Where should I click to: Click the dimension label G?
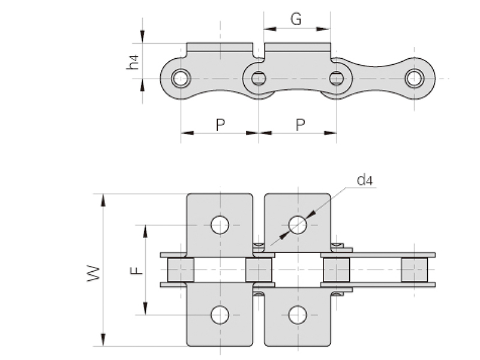[x=296, y=19]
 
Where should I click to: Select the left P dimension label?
[x=220, y=124]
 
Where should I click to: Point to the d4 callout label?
[x=365, y=179]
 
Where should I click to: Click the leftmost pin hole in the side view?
[x=181, y=78]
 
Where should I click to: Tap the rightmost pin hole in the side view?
[x=414, y=78]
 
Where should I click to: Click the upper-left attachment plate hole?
[x=220, y=225]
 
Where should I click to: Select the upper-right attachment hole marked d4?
[x=298, y=225]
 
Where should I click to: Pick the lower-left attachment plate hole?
[x=220, y=314]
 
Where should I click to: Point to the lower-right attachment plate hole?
[x=298, y=314]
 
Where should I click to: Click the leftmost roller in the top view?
[x=181, y=270]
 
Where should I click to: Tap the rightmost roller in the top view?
[x=414, y=270]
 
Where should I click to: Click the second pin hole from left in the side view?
[x=259, y=78]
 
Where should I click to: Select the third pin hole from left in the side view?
[x=337, y=78]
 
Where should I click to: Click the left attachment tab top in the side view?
[x=220, y=47]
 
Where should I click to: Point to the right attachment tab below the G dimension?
[x=298, y=47]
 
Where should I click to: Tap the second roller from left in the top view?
[x=259, y=270]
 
